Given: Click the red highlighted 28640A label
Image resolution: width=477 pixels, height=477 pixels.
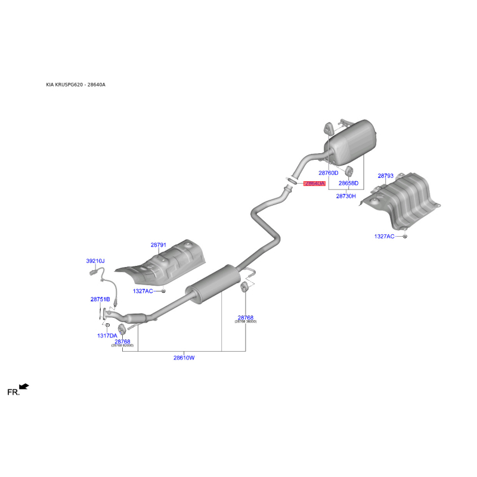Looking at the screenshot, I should point(314,184).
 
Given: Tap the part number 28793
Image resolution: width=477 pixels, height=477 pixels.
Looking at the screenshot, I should point(386,176).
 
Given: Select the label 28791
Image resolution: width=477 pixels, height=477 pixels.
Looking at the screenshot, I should point(158,245).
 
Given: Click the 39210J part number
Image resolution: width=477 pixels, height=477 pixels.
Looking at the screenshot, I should point(95,261).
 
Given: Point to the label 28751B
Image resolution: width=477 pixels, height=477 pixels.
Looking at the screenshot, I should point(100,299).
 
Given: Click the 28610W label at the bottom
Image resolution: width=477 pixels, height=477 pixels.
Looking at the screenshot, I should point(184,358).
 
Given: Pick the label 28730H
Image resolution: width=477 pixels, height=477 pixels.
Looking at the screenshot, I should point(346,196).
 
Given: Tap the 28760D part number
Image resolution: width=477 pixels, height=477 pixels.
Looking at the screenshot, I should point(329,173).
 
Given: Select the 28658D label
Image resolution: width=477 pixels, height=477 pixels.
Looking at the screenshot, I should point(349,183).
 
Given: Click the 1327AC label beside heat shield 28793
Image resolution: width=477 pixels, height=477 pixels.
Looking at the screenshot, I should point(385,237).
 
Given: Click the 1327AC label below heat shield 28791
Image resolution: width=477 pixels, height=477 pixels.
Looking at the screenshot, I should point(143,291).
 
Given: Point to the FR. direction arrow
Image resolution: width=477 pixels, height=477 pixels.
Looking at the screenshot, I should point(24,387).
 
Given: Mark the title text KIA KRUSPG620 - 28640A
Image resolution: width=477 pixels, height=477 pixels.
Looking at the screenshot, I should point(76,85).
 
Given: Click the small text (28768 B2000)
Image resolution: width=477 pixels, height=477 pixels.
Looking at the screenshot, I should point(122,346).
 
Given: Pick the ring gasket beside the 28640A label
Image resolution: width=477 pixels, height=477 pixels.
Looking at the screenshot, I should point(292,179).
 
